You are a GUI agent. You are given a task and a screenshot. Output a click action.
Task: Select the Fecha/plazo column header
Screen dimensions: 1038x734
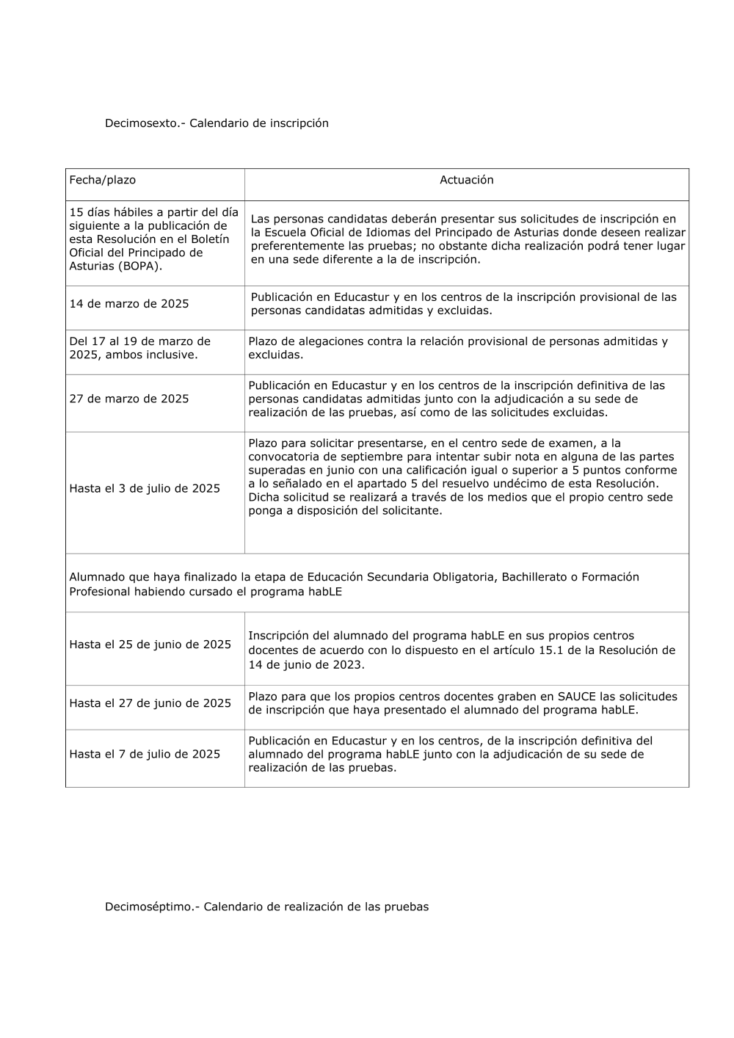(102, 180)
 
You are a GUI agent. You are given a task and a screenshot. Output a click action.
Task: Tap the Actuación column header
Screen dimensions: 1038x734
(466, 180)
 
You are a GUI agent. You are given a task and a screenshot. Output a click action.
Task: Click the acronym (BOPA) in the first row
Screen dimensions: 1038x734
(139, 266)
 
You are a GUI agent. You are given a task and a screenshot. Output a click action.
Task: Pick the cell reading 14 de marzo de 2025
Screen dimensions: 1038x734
(129, 304)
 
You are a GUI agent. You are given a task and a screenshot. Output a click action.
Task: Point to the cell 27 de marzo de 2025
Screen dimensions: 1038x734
(129, 399)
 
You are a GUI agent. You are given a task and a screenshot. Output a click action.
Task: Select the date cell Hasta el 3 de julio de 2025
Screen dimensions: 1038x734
(145, 488)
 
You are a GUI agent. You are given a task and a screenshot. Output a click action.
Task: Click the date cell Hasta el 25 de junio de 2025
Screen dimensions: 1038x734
(150, 645)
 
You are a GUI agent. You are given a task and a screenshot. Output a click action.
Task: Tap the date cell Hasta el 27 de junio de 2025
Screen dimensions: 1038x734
(150, 703)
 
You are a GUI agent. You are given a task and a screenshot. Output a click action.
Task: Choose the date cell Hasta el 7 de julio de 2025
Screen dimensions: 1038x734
(145, 754)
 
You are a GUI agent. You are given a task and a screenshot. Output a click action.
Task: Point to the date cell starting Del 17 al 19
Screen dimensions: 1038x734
(139, 348)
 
